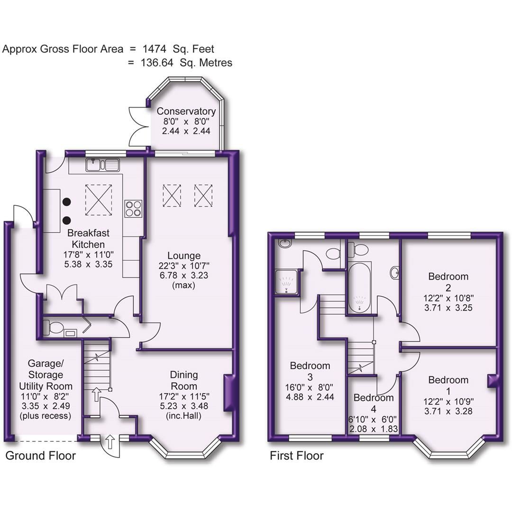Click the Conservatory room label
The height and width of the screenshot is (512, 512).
(x=186, y=111)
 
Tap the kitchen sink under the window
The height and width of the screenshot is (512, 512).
(x=103, y=165)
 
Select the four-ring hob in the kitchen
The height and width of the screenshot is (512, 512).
(x=133, y=209)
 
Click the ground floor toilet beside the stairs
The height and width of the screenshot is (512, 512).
(x=53, y=328)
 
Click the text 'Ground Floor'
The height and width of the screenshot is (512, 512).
(x=40, y=456)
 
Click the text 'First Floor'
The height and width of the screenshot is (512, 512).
(x=297, y=456)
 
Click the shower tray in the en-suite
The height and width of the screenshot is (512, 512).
(x=286, y=283)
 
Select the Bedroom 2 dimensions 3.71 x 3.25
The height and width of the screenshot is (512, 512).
(x=448, y=308)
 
